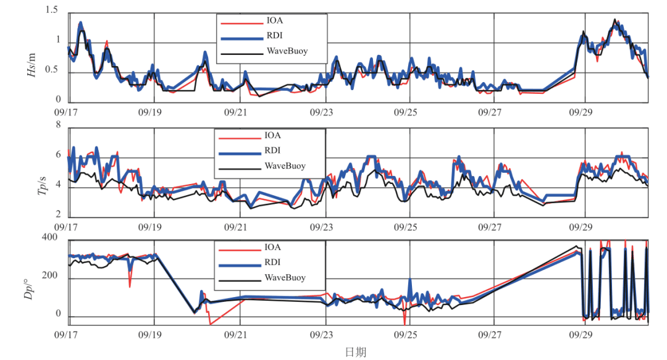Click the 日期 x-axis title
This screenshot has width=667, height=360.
click(355, 352)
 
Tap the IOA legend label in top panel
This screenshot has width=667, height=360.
click(275, 20)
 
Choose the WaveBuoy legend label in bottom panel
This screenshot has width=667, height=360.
click(285, 278)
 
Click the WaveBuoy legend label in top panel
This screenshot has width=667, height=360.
click(287, 50)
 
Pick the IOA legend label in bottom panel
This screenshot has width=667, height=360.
click(273, 247)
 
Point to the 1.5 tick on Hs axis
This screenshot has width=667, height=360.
click(52, 10)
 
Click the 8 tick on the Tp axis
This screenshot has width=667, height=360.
click(58, 125)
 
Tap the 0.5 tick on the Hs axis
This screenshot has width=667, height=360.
click(52, 71)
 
